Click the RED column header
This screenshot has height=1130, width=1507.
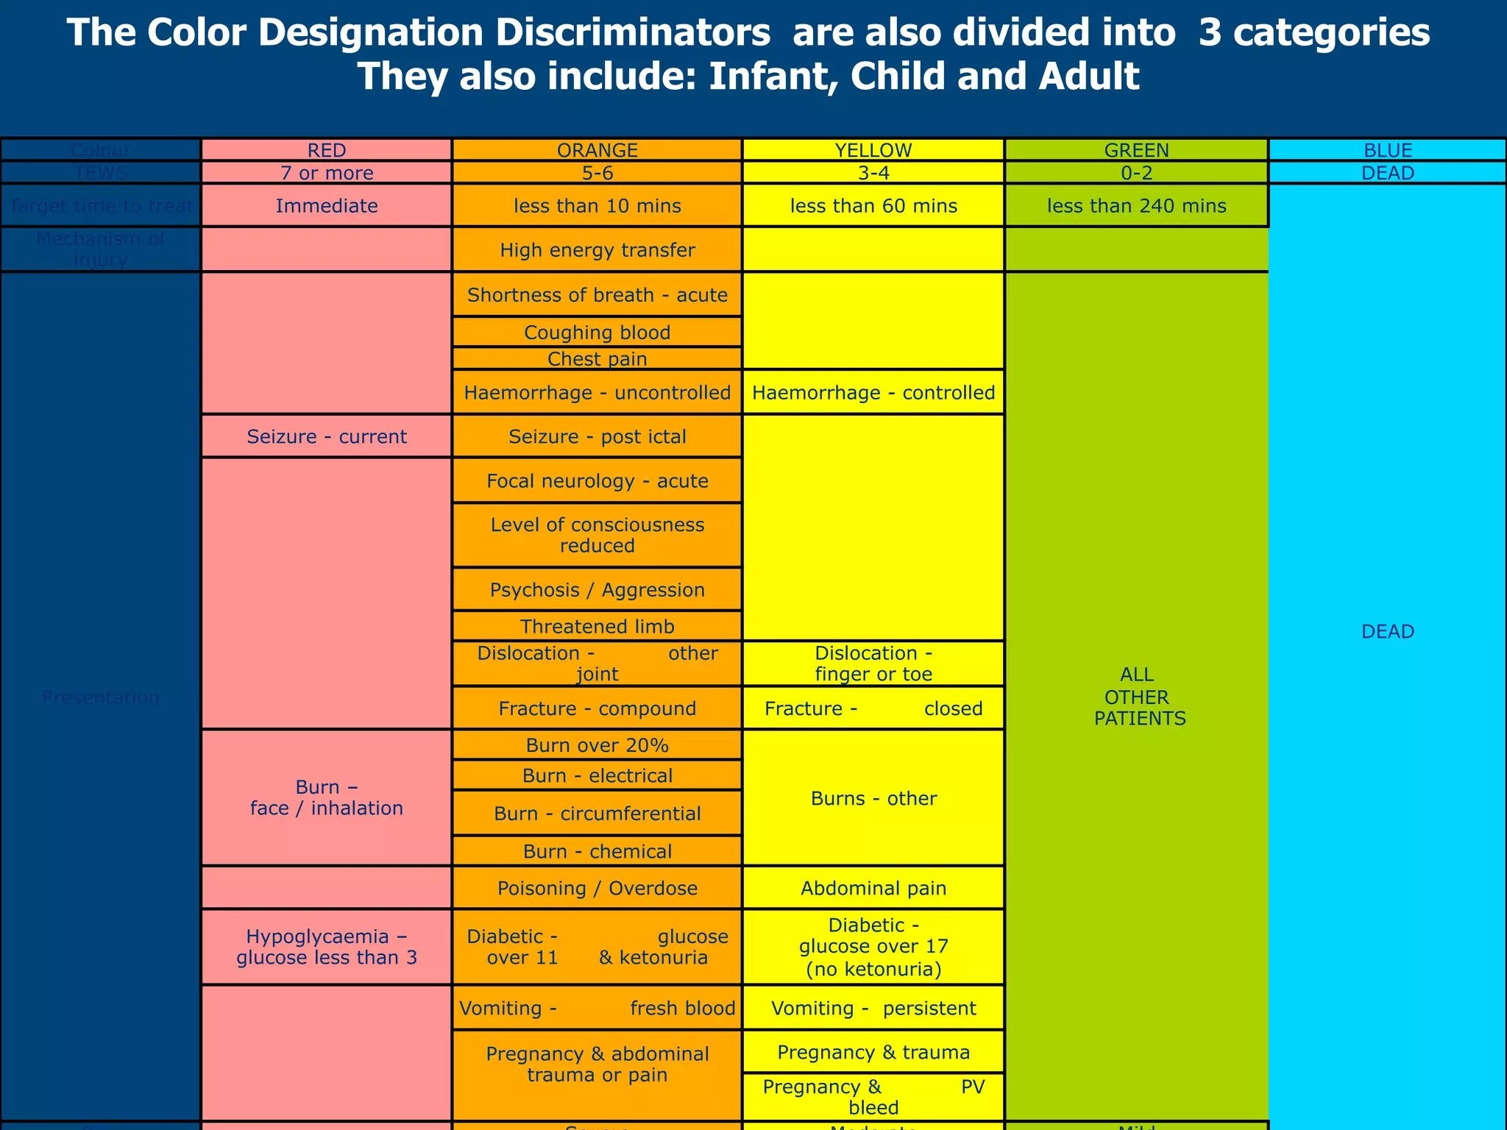pyautogui.click(x=326, y=150)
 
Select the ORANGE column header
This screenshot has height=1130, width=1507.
pyautogui.click(x=597, y=150)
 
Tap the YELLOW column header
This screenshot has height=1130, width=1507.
pyautogui.click(x=873, y=150)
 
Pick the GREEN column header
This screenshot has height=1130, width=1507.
pyautogui.click(x=1136, y=150)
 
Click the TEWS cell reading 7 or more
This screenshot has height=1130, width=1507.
pyautogui.click(x=326, y=173)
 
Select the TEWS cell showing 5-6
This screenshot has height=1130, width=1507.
pyautogui.click(x=597, y=173)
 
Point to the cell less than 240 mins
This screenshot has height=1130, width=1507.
pyautogui.click(x=1136, y=206)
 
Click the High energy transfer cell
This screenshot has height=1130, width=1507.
pyautogui.click(x=597, y=250)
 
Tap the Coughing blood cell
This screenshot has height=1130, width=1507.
pyautogui.click(x=597, y=333)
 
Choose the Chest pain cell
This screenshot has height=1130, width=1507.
pyautogui.click(x=597, y=359)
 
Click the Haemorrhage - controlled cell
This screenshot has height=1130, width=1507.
pyautogui.click(x=873, y=392)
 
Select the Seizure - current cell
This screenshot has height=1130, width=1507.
pyautogui.click(x=326, y=436)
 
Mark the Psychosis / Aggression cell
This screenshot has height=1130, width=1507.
pyautogui.click(x=597, y=590)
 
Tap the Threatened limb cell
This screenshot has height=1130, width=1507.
pyautogui.click(x=597, y=627)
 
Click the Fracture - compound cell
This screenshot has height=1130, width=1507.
pyautogui.click(x=597, y=708)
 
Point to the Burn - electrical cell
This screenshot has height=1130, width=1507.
pyautogui.click(x=597, y=775)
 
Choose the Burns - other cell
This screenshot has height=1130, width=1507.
pyautogui.click(x=873, y=798)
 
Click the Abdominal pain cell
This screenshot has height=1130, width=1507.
pyautogui.click(x=873, y=888)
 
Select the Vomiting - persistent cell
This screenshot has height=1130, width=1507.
pyautogui.click(x=873, y=1008)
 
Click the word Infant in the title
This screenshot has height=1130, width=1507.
pyautogui.click(x=770, y=77)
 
